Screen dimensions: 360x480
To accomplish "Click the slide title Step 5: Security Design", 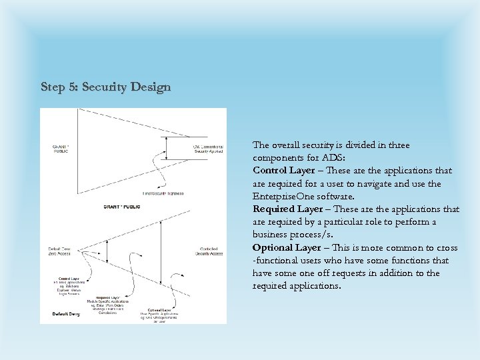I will click(x=105, y=87).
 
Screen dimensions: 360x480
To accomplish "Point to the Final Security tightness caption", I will click(x=162, y=193).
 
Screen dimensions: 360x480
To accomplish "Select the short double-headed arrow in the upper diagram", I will click(x=166, y=148).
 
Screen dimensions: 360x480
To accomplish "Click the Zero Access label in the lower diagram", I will click(x=61, y=251).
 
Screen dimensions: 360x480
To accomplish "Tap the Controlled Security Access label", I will click(x=209, y=251).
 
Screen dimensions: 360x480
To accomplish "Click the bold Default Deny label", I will click(x=66, y=313).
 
